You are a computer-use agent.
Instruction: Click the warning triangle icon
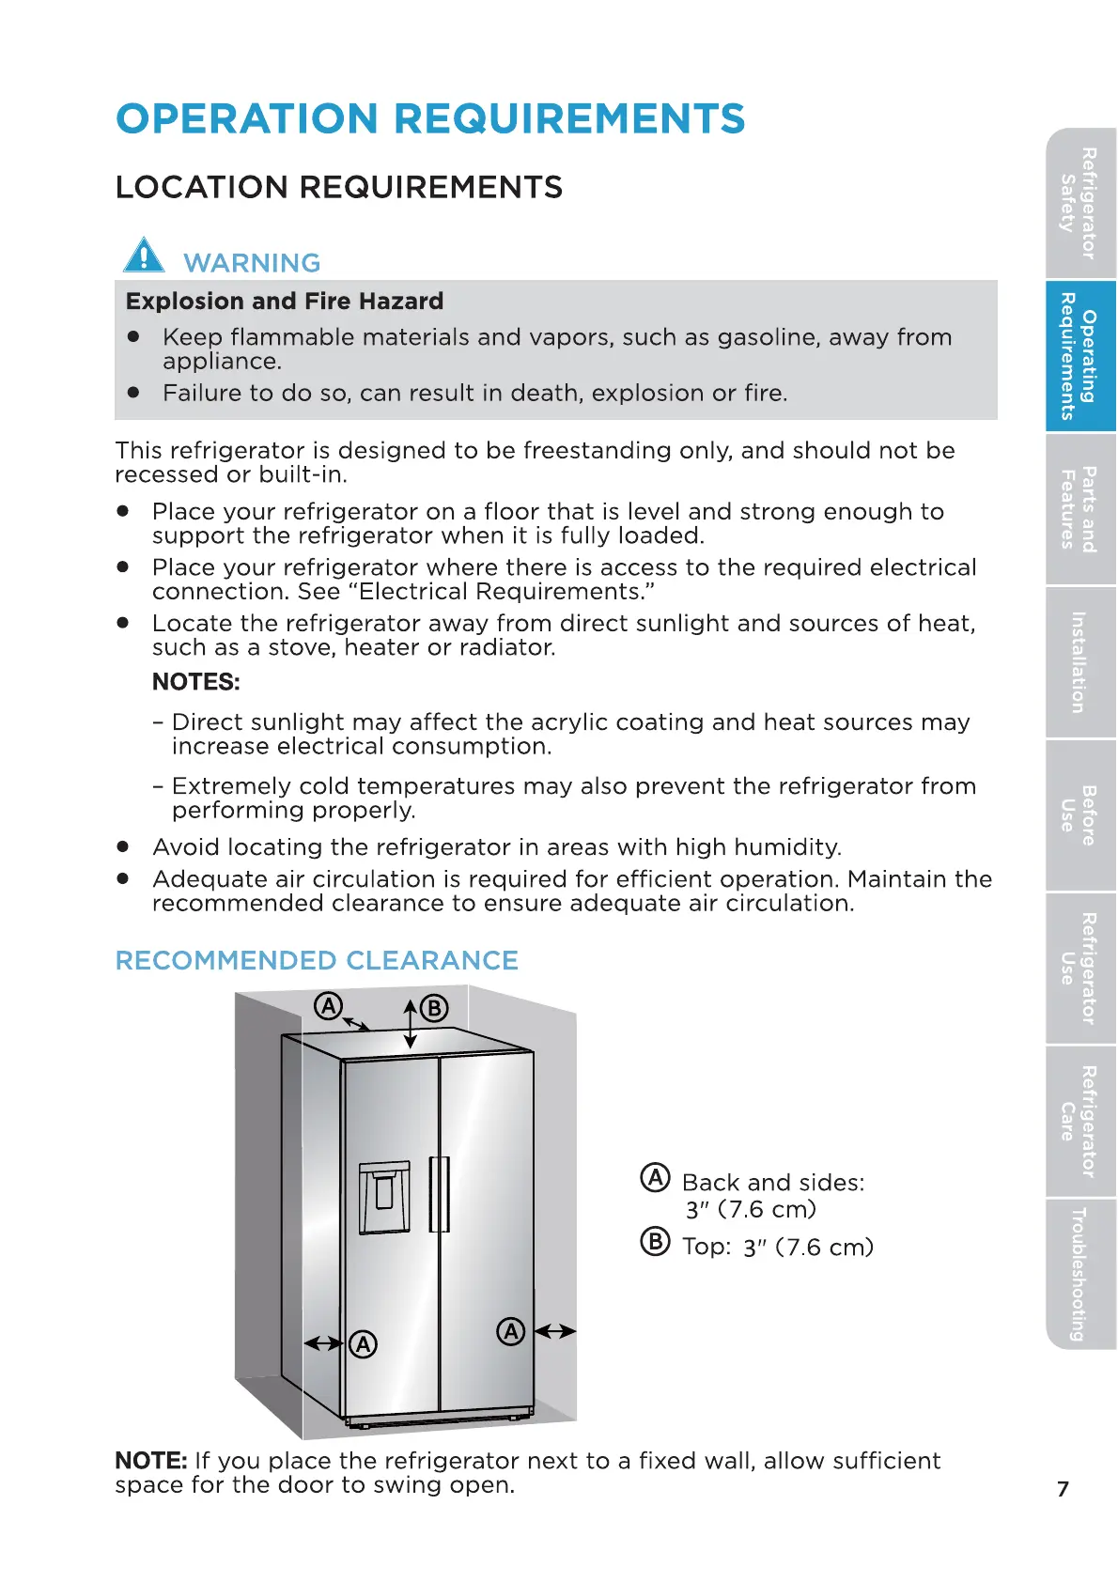[x=144, y=256]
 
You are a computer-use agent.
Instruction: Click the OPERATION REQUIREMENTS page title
[x=430, y=119]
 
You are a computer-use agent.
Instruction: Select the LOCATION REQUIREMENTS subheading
[x=338, y=187]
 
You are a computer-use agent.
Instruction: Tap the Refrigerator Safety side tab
[x=1079, y=203]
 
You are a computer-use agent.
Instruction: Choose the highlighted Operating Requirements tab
[x=1079, y=356]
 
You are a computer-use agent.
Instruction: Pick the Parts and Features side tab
[x=1079, y=509]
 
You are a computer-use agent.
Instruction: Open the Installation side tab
[x=1079, y=662]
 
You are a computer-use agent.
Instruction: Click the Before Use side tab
[x=1079, y=815]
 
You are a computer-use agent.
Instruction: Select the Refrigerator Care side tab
[x=1079, y=1122]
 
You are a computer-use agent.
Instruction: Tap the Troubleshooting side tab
[x=1079, y=1274]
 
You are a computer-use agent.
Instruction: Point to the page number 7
[x=1063, y=1489]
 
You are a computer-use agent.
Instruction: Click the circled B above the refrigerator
[x=434, y=1009]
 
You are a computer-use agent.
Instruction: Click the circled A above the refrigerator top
[x=328, y=1006]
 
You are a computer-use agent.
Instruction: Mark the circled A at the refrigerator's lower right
[x=511, y=1331]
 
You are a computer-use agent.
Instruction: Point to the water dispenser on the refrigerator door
[x=384, y=1197]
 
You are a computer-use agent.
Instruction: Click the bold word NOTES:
[x=196, y=682]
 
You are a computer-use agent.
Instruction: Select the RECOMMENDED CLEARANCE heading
[x=317, y=960]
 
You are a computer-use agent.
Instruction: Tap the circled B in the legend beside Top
[x=655, y=1242]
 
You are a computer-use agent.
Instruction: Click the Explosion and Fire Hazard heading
[x=285, y=302]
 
